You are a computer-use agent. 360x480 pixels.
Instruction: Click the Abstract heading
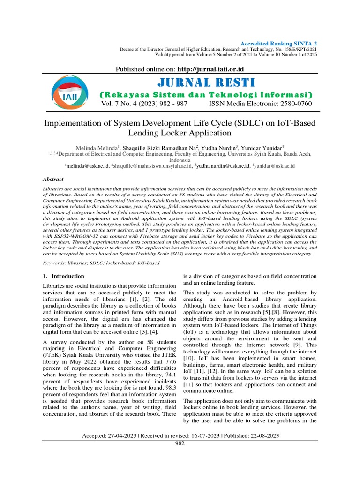[x=53, y=179]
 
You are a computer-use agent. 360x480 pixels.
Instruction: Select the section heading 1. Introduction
[x=64, y=276]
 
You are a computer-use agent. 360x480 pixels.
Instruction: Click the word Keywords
[x=54, y=263]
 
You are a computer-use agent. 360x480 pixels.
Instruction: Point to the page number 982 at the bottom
[x=180, y=443]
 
